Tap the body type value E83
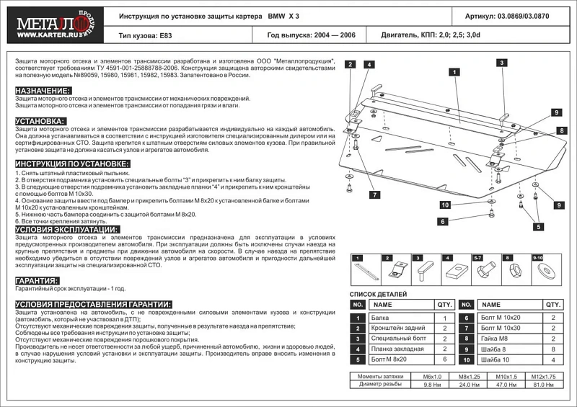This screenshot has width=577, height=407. coord(167,35)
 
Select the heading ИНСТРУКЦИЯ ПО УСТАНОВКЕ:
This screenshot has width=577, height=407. coord(72,164)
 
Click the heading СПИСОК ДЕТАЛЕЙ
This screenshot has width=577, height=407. coord(378,295)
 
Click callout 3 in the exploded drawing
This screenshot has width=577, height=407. coord(500,63)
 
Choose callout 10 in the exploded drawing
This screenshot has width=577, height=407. coord(445,205)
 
